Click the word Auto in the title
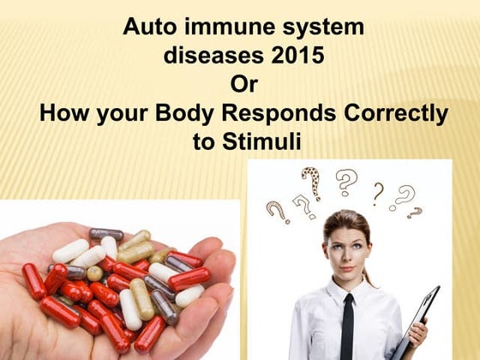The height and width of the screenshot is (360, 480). [x=147, y=27]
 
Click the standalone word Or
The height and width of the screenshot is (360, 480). [x=243, y=85]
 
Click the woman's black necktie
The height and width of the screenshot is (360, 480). [x=346, y=327]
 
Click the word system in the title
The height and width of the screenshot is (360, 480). [x=321, y=27]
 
